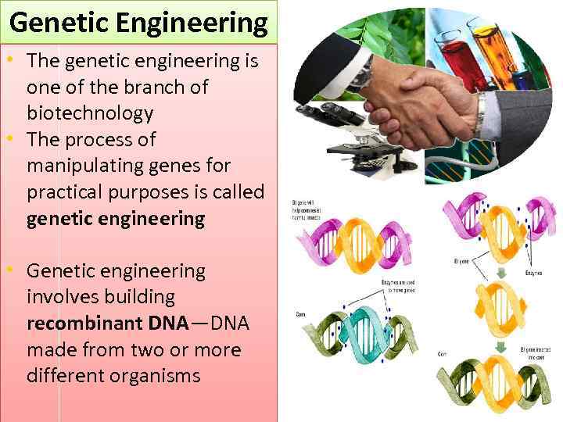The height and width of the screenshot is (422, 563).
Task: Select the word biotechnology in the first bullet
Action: [90, 113]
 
